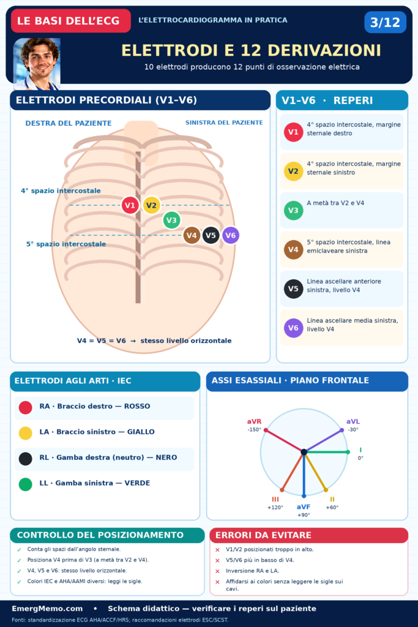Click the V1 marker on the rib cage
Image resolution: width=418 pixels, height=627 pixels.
[130, 206]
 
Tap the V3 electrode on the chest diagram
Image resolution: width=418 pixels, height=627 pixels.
[171, 220]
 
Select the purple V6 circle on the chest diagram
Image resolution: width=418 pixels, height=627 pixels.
[231, 235]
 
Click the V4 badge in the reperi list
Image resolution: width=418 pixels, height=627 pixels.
[293, 250]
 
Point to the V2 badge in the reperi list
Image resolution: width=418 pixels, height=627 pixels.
[293, 171]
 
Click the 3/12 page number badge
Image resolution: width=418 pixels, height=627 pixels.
[385, 22]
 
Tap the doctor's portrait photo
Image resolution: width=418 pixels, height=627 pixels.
[37, 64]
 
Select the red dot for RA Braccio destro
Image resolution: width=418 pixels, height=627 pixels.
[26, 407]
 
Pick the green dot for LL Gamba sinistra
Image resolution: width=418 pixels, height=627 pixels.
[26, 484]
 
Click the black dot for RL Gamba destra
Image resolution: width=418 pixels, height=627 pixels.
[26, 459]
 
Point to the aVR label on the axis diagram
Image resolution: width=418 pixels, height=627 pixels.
[254, 421]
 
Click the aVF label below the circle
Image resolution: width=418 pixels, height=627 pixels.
[304, 507]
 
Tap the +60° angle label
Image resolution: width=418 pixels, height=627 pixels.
[332, 508]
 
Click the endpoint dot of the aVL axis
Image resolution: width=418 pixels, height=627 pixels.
[341, 430]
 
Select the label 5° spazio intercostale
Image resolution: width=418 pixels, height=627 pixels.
[66, 244]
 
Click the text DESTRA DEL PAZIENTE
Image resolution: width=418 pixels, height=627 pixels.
[69, 123]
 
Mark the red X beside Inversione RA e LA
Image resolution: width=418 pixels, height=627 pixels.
[217, 571]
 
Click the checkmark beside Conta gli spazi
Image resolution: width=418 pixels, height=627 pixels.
[19, 550]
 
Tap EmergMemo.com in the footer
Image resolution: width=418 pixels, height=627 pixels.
[47, 609]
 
